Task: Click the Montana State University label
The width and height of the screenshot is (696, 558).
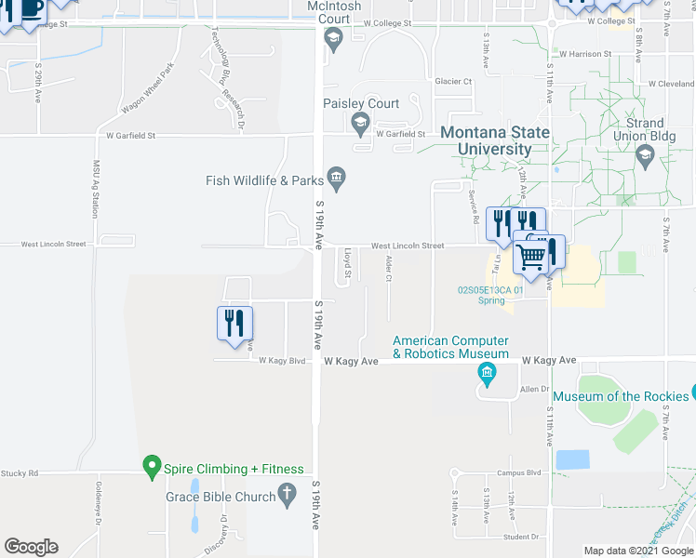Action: click(494, 140)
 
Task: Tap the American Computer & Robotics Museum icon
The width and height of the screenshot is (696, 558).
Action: click(486, 374)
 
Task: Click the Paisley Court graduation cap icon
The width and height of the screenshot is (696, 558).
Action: click(359, 122)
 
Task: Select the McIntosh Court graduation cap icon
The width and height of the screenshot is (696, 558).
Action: click(333, 37)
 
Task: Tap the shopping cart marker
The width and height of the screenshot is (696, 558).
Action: click(530, 256)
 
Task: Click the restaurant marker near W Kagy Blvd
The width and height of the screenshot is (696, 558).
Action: click(235, 323)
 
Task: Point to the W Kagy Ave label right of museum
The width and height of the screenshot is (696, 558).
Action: click(549, 360)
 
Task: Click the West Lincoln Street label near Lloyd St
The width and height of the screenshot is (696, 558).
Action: click(408, 246)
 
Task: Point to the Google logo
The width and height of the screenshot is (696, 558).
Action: click(32, 547)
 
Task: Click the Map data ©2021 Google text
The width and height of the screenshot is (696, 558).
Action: click(637, 551)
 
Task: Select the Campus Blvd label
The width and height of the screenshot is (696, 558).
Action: click(518, 473)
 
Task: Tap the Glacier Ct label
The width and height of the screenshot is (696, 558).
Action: click(454, 82)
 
